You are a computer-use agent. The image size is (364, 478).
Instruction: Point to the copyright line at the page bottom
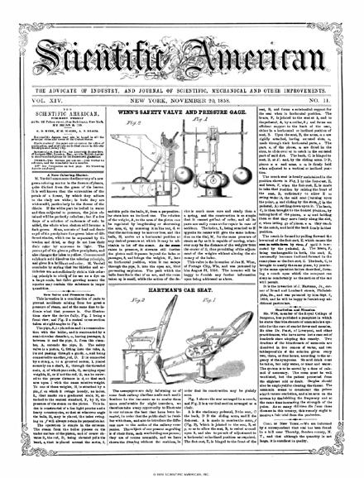[x=181, y=471]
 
